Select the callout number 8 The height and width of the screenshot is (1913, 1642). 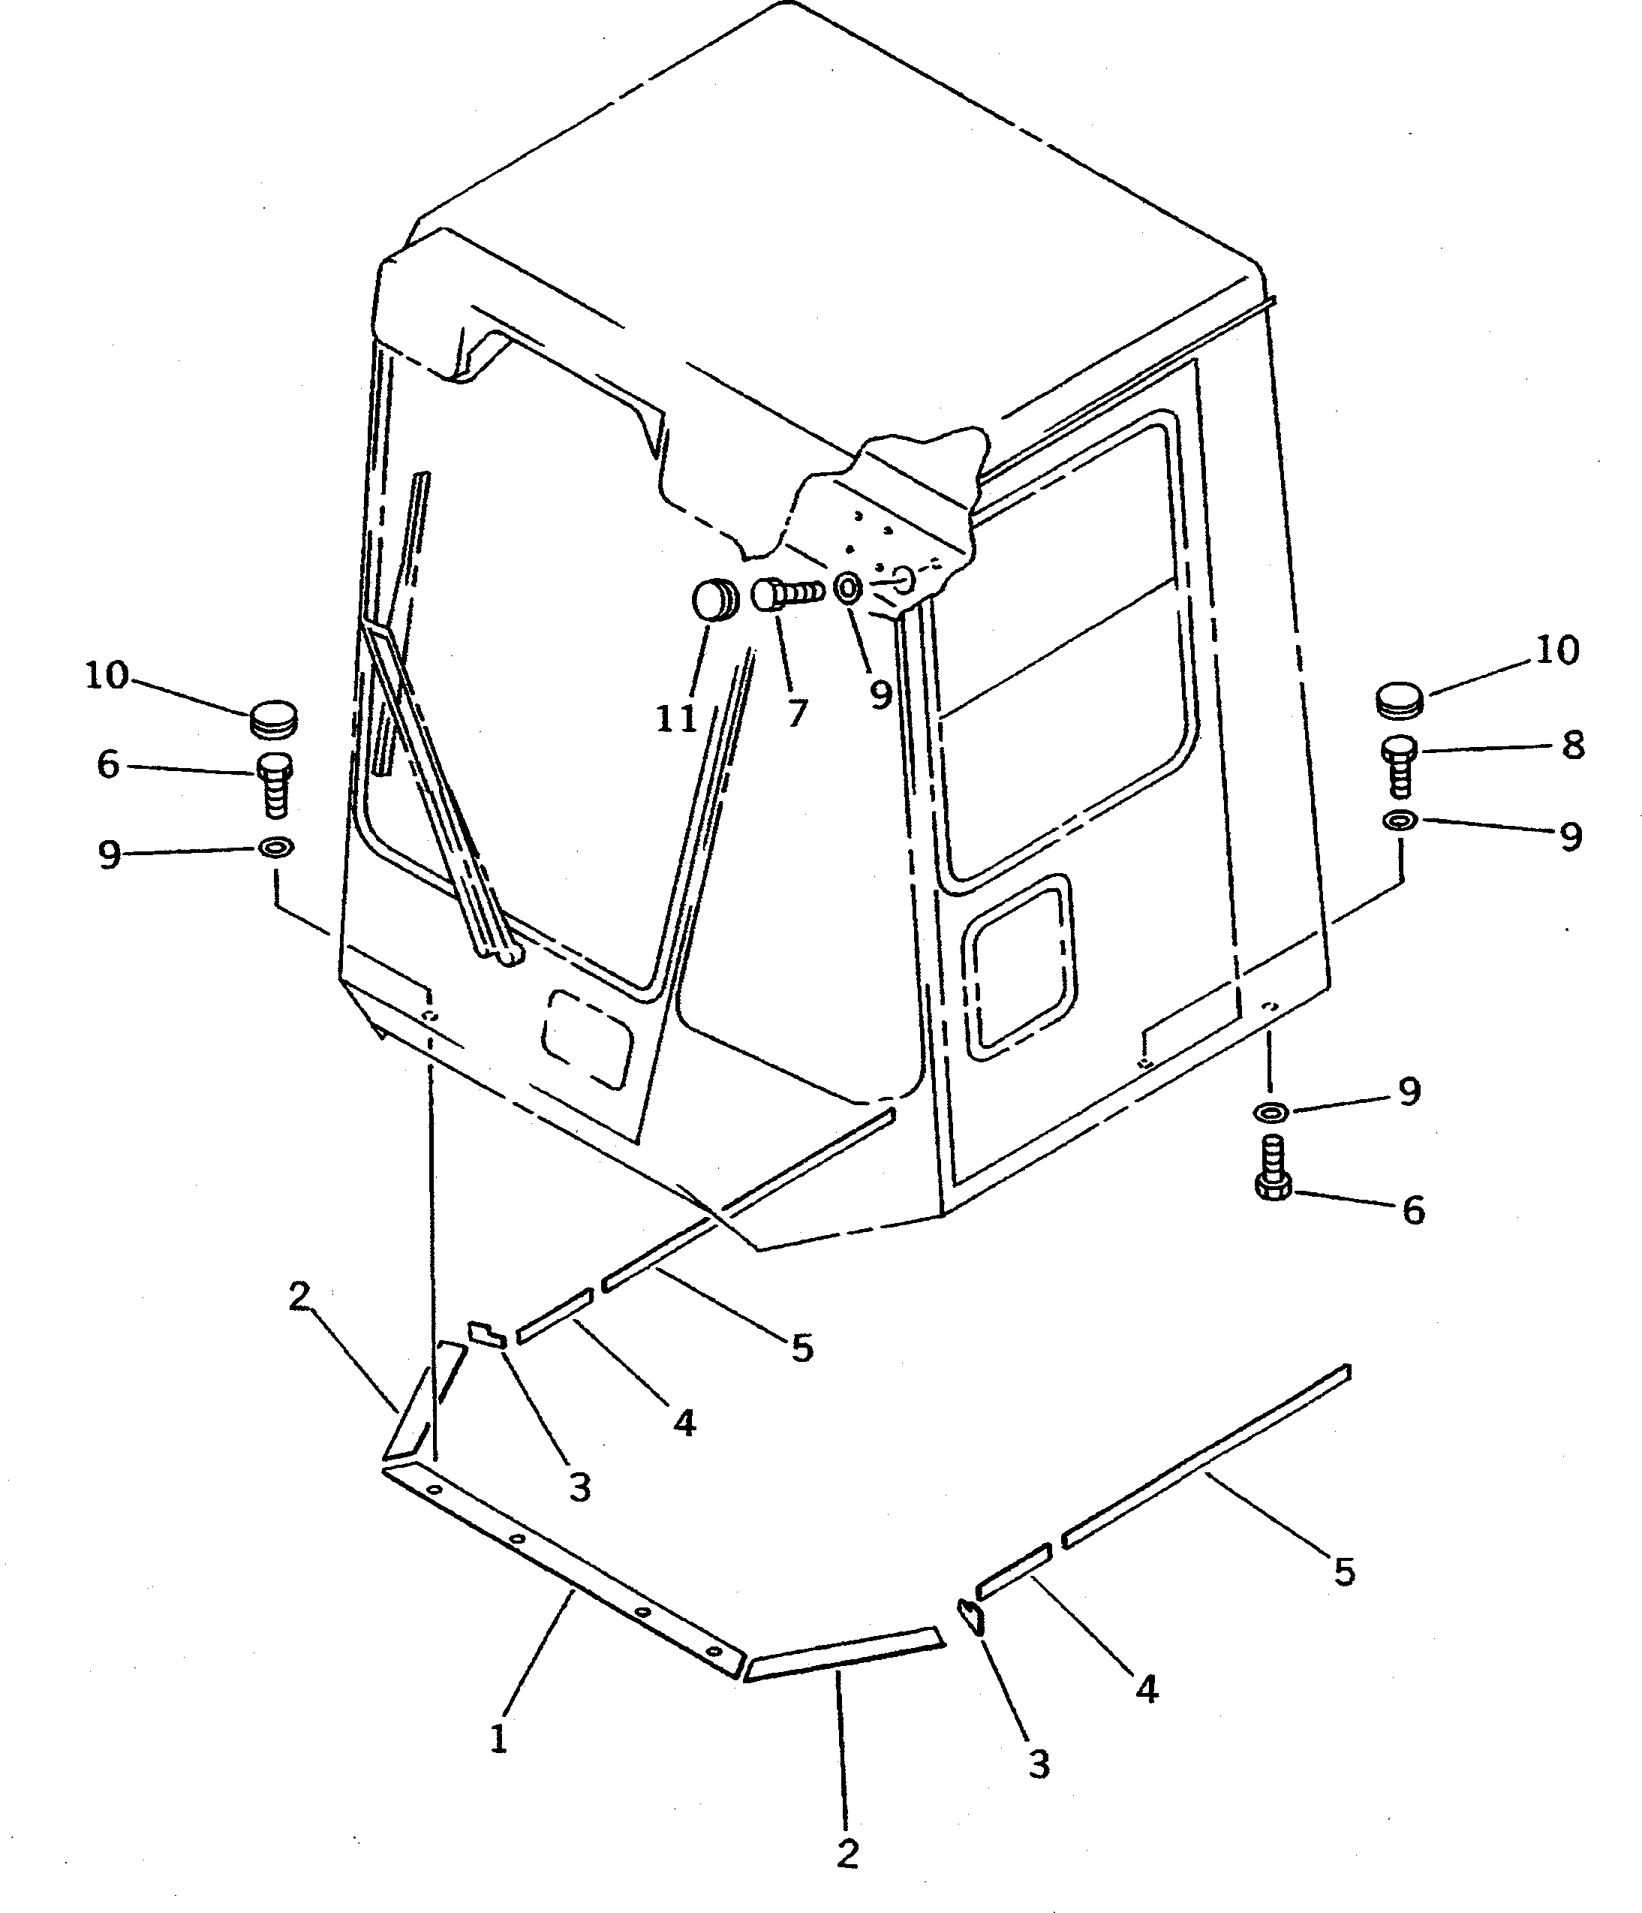pos(1573,745)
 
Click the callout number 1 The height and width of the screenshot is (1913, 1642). pos(498,1740)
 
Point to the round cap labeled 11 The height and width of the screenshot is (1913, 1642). pos(714,601)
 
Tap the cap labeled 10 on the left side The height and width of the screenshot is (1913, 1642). pos(274,719)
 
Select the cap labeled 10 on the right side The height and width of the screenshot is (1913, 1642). pos(1400,699)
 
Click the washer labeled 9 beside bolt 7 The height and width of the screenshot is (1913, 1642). pos(847,586)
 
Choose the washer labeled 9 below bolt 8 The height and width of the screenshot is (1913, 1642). pos(1400,819)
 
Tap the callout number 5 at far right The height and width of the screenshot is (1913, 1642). pos(1344,1571)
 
